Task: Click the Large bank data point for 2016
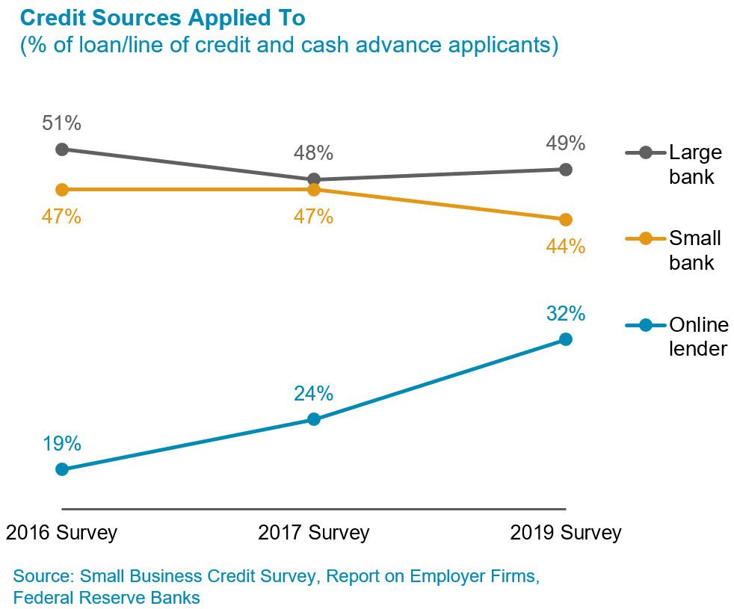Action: (62, 149)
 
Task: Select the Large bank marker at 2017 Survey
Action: (314, 179)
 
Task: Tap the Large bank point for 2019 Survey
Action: (566, 170)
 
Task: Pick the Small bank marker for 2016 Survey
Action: (62, 190)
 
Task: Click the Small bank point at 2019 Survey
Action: (566, 220)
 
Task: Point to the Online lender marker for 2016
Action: (62, 469)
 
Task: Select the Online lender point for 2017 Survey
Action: (314, 419)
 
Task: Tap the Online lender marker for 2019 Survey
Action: (566, 339)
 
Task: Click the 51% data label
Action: (61, 123)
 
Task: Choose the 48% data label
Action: (313, 153)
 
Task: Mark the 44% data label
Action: (565, 246)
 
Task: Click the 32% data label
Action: (565, 313)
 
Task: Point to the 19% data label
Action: (61, 443)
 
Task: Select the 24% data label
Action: (313, 393)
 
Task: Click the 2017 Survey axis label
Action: (314, 533)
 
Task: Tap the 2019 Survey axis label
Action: (566, 533)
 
